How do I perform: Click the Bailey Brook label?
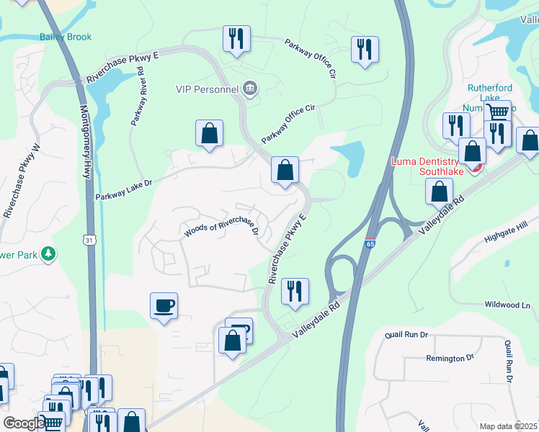tap(66, 37)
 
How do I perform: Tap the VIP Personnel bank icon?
tap(250, 89)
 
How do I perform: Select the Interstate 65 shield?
tap(370, 244)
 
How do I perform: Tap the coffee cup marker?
tap(164, 306)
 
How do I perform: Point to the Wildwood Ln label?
tap(507, 305)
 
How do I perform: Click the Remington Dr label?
tap(450, 358)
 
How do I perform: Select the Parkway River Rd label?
tap(138, 96)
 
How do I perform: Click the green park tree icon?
tap(48, 253)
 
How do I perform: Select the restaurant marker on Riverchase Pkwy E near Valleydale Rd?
tap(295, 291)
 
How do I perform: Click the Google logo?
tap(23, 423)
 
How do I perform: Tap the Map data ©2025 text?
tap(509, 426)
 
